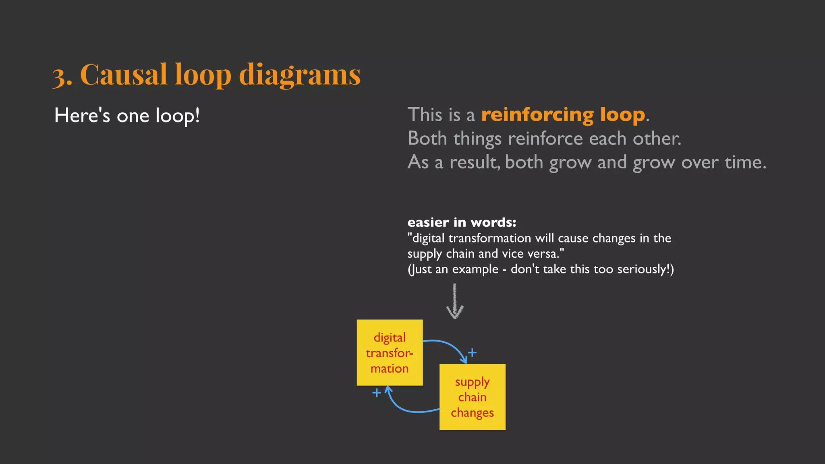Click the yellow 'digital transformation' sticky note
(x=390, y=352)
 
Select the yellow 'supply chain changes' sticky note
(x=472, y=397)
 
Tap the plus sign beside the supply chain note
(x=472, y=353)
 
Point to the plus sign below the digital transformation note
(x=377, y=392)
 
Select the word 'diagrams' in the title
(x=300, y=75)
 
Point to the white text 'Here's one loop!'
(x=127, y=116)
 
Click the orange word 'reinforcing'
(x=537, y=115)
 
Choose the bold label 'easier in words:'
(x=462, y=222)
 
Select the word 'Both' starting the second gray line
(x=427, y=139)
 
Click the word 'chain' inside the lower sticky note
(x=472, y=397)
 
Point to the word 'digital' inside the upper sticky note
(x=390, y=338)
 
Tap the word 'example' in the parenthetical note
(x=475, y=269)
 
